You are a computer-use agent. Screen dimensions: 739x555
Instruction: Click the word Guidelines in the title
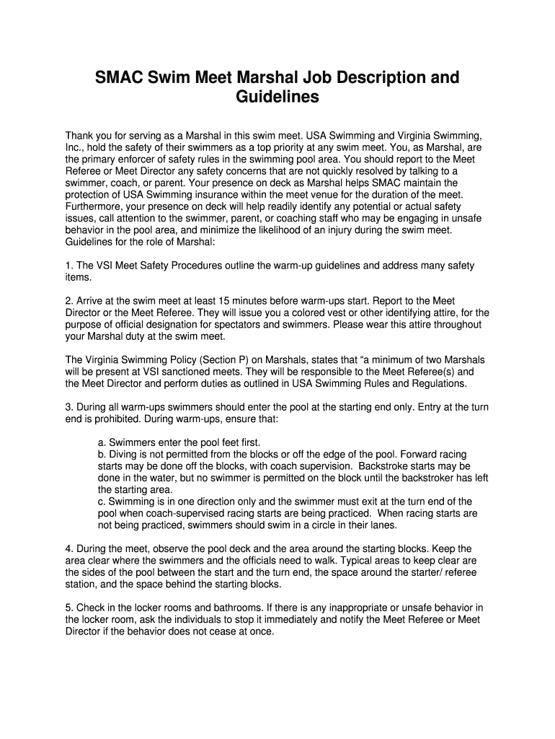(277, 97)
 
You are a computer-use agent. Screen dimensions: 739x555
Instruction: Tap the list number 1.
(68, 266)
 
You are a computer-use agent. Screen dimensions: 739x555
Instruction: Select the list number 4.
(68, 548)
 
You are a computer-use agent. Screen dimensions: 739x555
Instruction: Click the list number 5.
(68, 607)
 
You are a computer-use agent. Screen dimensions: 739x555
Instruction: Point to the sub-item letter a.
(101, 442)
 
